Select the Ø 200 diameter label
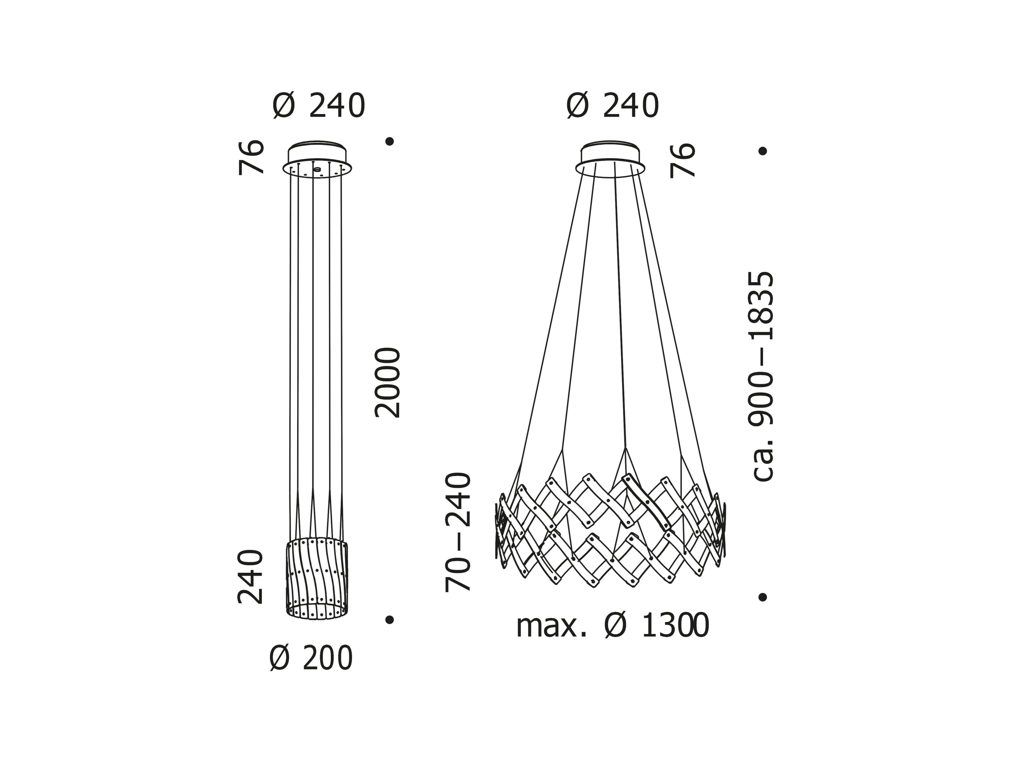click(x=311, y=658)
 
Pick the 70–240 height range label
click(x=458, y=532)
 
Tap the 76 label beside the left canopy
click(x=251, y=157)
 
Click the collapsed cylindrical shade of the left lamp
click(x=317, y=578)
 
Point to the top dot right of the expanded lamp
click(x=763, y=151)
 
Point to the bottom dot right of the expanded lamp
click(x=763, y=597)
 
